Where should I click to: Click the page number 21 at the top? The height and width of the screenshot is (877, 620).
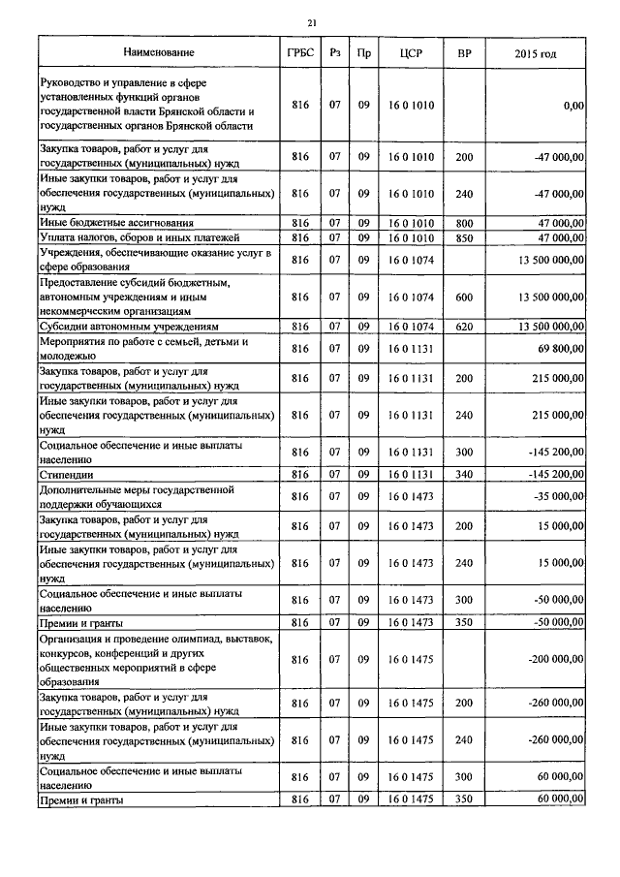tap(311, 23)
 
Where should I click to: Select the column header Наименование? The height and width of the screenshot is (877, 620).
tap(159, 51)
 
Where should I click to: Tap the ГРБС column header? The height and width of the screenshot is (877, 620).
tap(299, 51)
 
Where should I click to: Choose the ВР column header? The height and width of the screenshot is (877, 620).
tap(464, 51)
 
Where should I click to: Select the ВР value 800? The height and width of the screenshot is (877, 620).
tap(464, 223)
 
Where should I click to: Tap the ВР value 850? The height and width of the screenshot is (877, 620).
tap(464, 237)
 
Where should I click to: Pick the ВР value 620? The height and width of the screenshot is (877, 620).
tap(464, 327)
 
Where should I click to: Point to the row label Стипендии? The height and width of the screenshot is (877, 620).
tap(65, 475)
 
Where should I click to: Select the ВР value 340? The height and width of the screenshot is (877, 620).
tap(464, 475)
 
